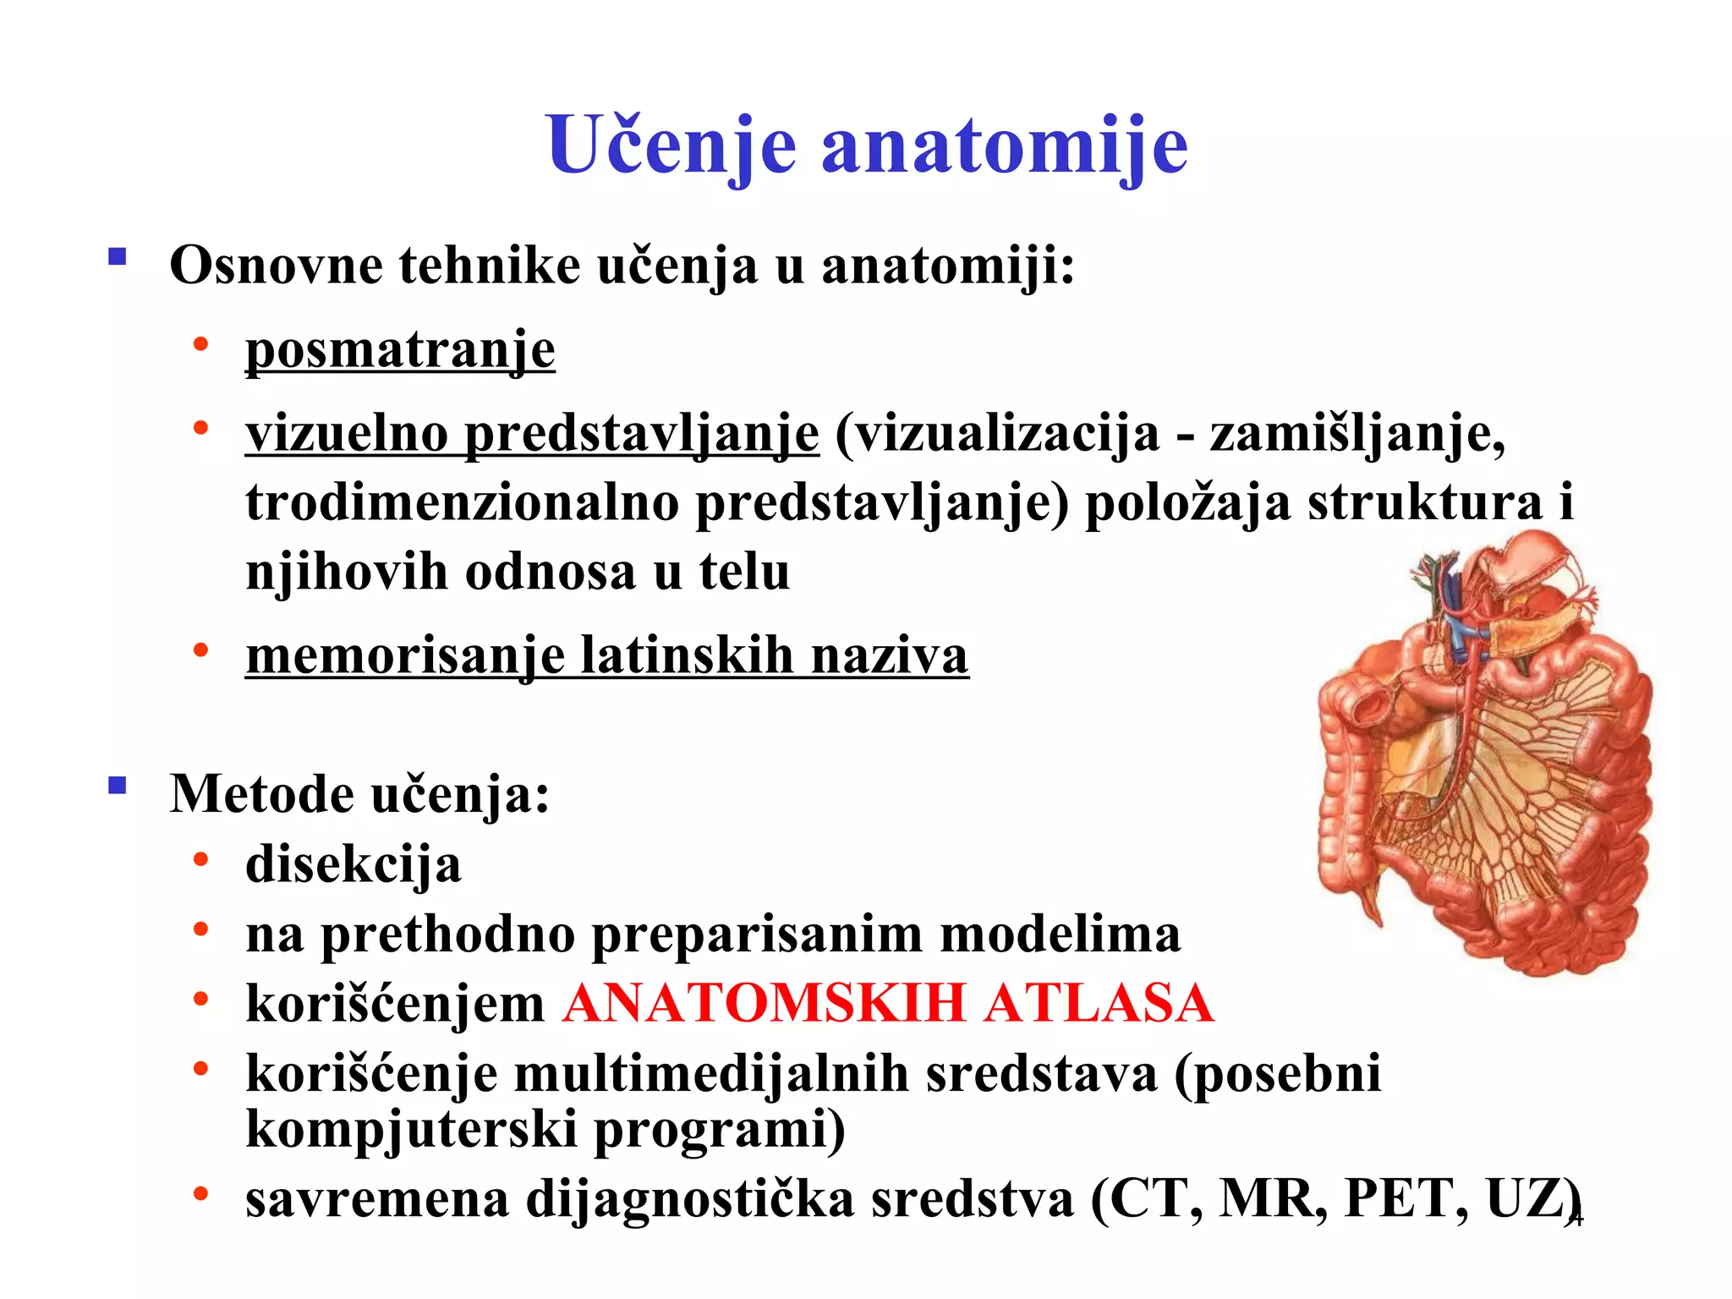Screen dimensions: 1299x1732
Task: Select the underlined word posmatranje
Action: pos(400,350)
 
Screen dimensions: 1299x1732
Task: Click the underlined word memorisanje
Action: pos(405,655)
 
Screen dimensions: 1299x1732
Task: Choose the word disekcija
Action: pos(354,865)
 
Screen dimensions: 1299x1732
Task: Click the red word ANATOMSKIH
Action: pos(765,1004)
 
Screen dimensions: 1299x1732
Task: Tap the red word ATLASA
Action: pos(1099,1004)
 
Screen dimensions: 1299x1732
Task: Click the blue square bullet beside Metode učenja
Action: pos(118,787)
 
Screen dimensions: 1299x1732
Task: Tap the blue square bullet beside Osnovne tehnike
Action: pos(118,256)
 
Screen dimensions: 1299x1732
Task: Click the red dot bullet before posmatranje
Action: pos(200,344)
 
